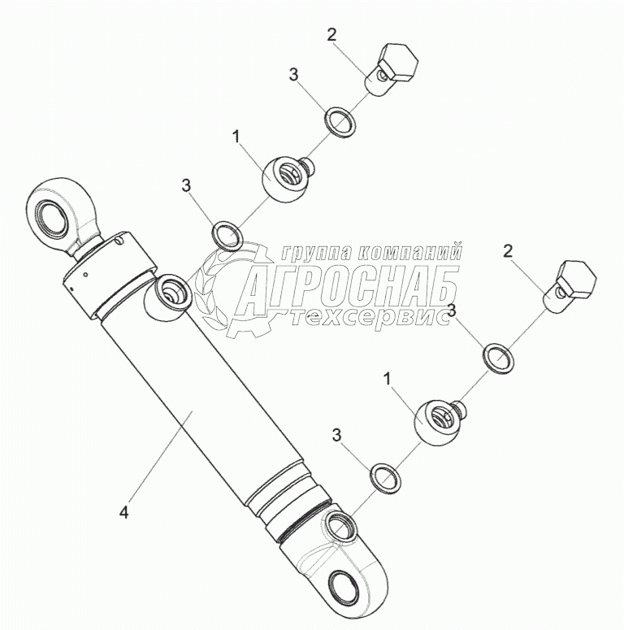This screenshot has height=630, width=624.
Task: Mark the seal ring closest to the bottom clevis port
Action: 384,478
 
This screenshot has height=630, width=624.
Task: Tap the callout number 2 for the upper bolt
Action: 331,34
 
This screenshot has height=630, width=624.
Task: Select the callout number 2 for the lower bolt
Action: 508,251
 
